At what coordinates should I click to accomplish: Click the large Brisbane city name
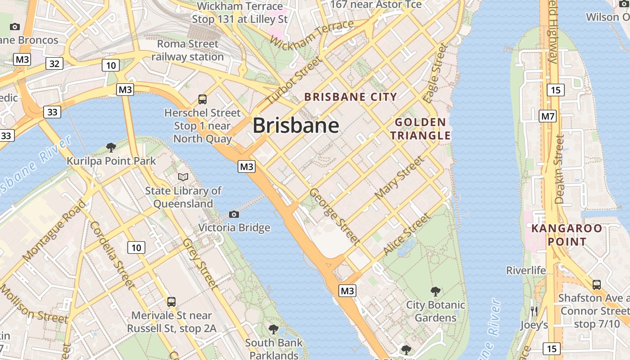tap(296, 126)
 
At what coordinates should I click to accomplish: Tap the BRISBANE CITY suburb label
tap(351, 97)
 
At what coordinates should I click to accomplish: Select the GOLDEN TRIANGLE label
tap(420, 129)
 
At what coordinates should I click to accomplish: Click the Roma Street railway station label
tap(188, 50)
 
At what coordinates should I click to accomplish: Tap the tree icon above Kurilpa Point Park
tap(111, 147)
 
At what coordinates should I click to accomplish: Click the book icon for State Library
tap(183, 177)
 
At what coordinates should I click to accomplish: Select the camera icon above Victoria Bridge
tap(234, 214)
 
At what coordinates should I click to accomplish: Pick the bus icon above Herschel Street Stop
tap(202, 99)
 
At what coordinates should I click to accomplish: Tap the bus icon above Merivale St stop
tap(171, 302)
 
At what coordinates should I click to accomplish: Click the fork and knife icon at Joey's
tap(534, 310)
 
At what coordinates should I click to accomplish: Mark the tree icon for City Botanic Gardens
tap(435, 292)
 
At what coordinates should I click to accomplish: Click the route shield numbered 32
tap(54, 64)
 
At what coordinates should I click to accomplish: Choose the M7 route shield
tap(548, 117)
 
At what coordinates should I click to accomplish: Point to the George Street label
tap(335, 216)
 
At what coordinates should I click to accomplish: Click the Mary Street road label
tap(399, 177)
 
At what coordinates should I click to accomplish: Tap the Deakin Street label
tap(559, 169)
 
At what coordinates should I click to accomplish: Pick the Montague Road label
tap(54, 231)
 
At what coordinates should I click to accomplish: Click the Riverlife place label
tap(526, 270)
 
